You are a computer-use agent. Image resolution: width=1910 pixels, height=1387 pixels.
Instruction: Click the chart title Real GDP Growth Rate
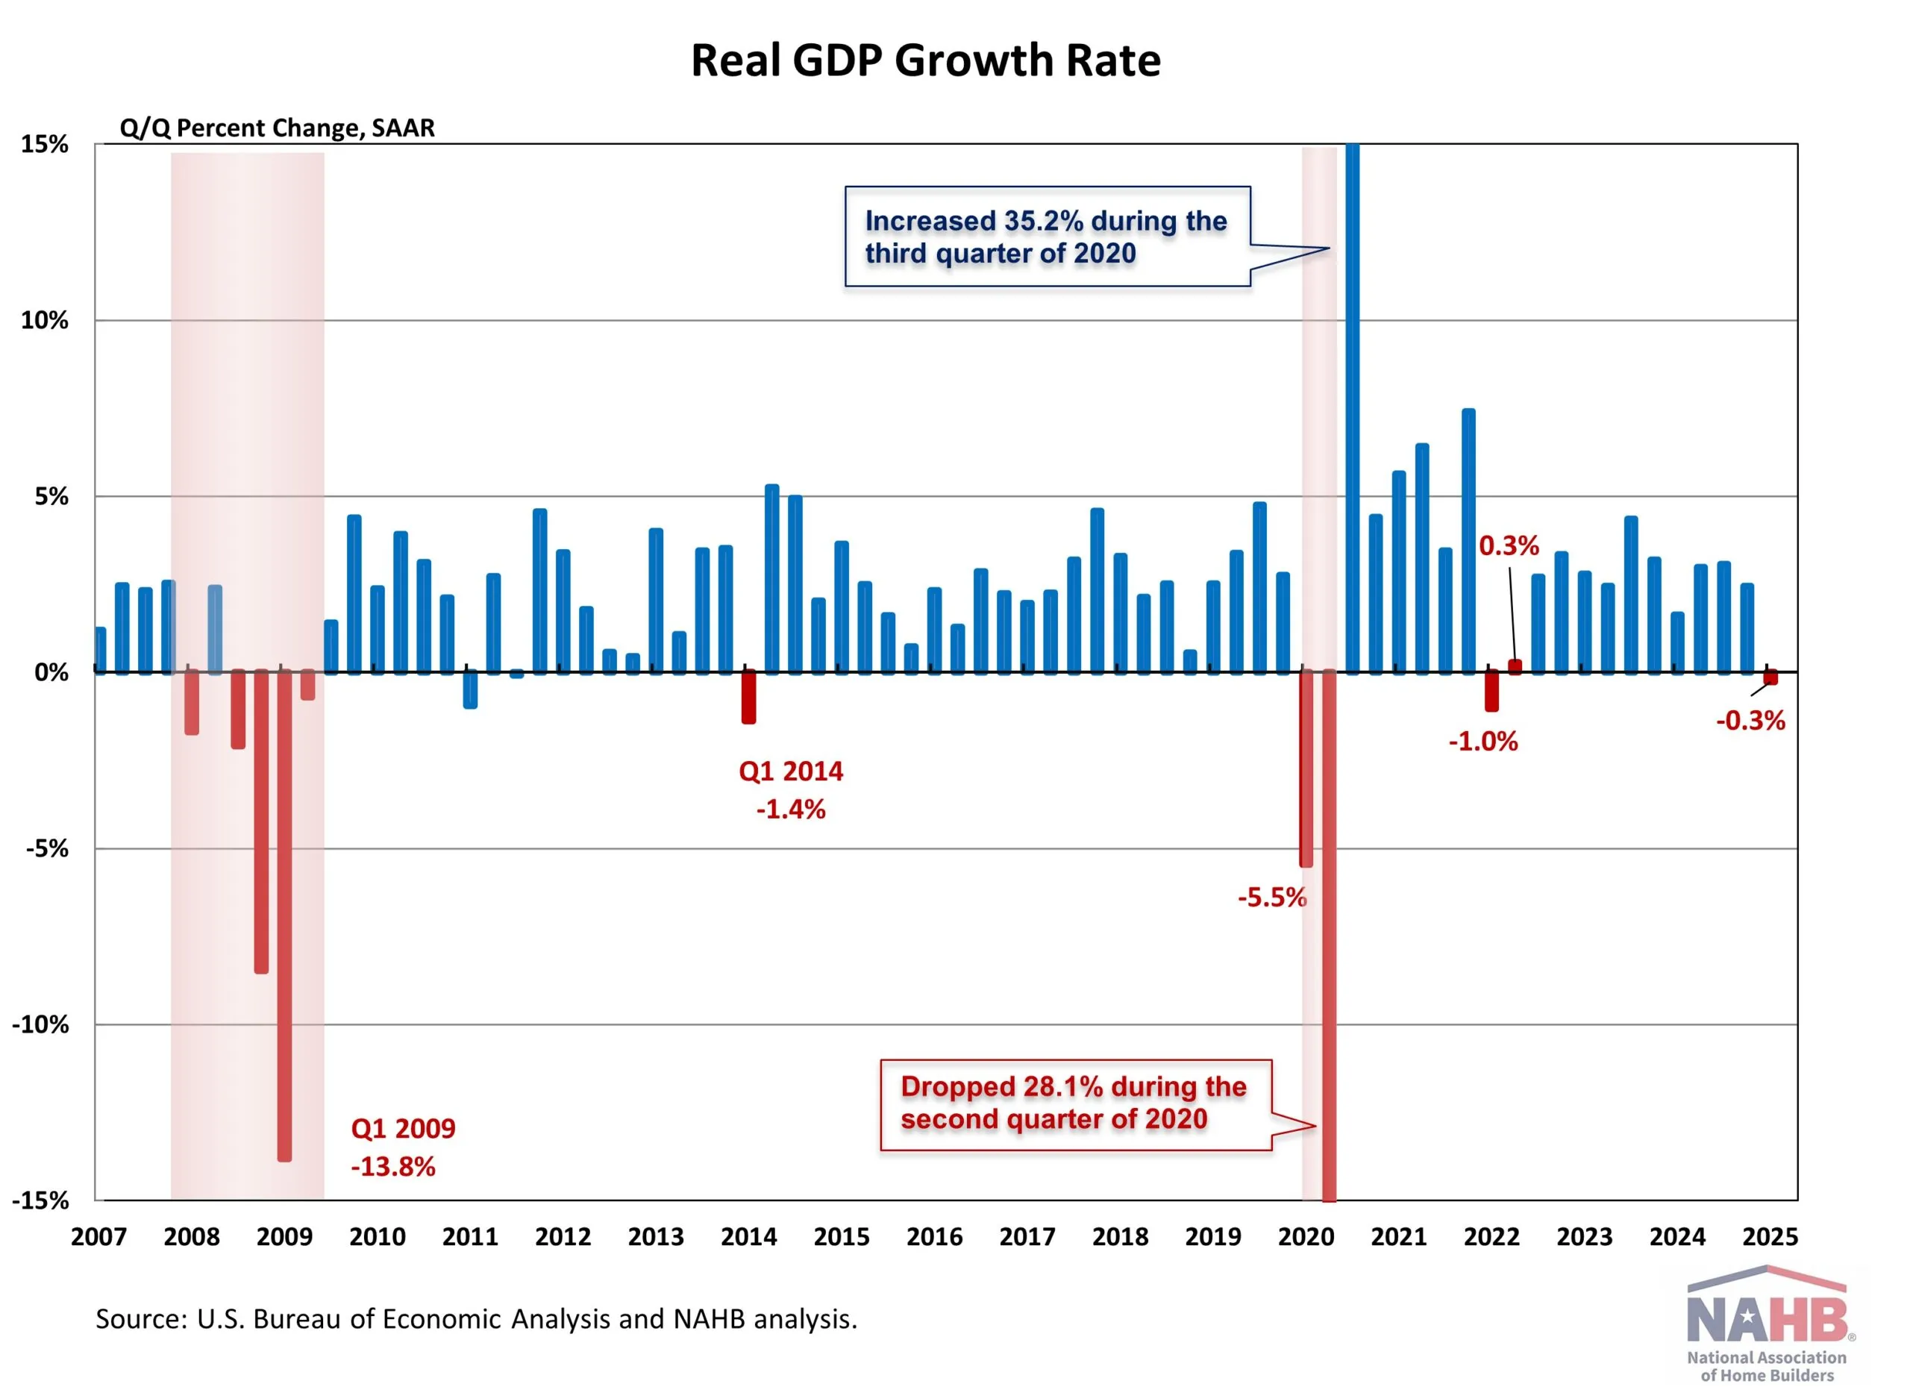point(925,60)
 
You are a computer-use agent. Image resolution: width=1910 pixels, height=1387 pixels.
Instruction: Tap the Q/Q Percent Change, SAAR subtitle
point(277,128)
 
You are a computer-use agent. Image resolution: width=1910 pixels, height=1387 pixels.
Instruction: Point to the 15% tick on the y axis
point(45,145)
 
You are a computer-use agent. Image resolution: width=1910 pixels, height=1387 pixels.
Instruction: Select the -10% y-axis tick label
point(40,1025)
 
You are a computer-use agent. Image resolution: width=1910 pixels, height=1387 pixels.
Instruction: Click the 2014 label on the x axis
point(748,1237)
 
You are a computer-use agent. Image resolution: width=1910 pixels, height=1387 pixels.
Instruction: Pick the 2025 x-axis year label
point(1769,1237)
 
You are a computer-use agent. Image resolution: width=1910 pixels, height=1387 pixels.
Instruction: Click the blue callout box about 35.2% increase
point(1047,237)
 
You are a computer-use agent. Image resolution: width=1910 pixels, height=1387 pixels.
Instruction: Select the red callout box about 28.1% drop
point(1074,1104)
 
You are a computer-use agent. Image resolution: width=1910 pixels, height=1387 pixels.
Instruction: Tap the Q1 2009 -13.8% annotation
point(403,1147)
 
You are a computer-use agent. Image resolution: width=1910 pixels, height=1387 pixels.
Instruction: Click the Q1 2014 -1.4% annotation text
point(791,790)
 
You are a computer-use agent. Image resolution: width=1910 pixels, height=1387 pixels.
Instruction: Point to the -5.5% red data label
point(1271,898)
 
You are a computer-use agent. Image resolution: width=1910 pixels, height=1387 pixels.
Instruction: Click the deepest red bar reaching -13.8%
point(285,915)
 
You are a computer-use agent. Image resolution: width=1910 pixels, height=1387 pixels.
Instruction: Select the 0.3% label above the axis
point(1509,545)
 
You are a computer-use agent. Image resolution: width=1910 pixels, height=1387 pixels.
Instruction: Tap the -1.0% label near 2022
point(1483,742)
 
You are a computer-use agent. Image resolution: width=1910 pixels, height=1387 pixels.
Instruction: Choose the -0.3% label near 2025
point(1750,721)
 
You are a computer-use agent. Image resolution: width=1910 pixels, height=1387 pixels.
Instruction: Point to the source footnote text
point(476,1319)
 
